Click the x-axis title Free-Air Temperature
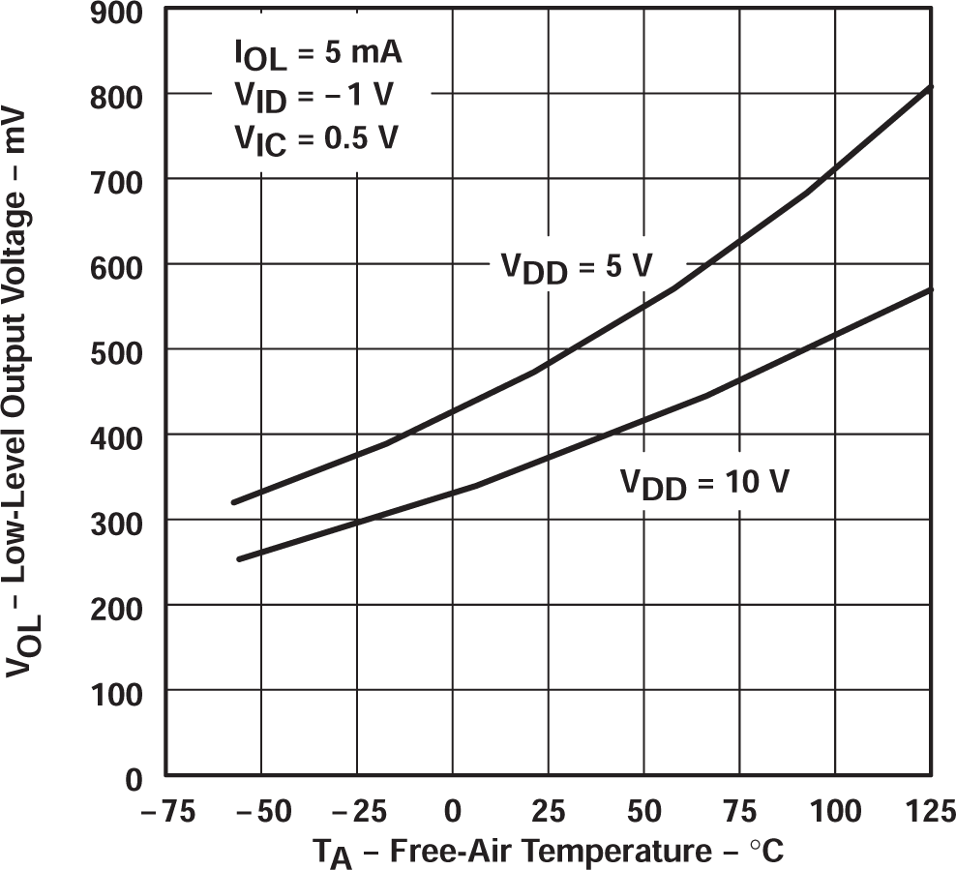click(547, 852)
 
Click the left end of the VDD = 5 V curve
click(232, 502)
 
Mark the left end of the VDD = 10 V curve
click(238, 559)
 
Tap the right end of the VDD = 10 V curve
click(931, 289)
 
